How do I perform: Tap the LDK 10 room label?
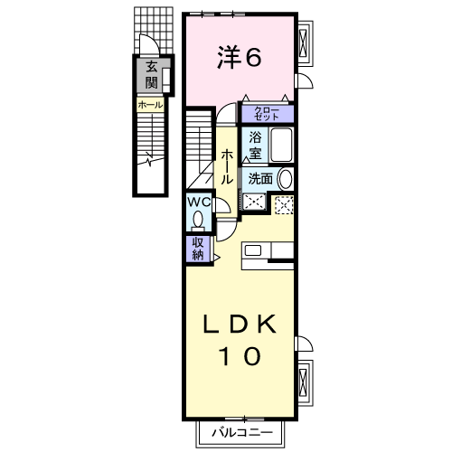tap(240, 339)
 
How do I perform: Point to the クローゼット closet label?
tap(268, 113)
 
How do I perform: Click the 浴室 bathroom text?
tap(256, 146)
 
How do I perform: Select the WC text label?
tap(199, 202)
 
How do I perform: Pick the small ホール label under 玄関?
tap(150, 105)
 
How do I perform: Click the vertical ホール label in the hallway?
tap(227, 167)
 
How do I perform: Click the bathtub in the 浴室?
tap(282, 145)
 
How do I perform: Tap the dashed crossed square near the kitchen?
tap(284, 204)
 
